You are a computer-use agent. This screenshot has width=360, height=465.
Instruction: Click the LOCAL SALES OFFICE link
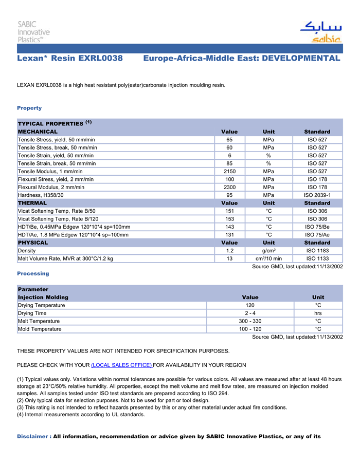point(121,365)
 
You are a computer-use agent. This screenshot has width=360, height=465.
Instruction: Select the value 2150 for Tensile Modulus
point(229,172)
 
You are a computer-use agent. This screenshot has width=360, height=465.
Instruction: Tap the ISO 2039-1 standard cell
point(317,195)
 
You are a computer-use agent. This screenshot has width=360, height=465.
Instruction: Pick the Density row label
point(27,251)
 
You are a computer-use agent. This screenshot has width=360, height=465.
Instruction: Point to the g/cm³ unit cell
point(268,251)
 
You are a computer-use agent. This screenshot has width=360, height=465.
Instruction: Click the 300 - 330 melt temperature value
point(250,321)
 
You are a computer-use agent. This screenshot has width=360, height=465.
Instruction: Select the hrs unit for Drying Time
point(318,313)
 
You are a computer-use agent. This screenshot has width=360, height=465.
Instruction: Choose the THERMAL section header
point(32,203)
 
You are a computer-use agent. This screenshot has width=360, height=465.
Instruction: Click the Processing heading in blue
point(33,273)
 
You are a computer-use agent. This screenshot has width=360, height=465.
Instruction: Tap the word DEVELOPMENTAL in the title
point(301,59)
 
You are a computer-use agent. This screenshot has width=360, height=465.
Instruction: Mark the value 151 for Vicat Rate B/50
point(229,211)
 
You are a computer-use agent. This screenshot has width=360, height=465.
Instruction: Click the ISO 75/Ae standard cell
point(317,235)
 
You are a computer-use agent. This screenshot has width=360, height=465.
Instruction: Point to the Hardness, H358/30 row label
point(41,195)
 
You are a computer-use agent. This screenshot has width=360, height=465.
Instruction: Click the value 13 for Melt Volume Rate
point(229,258)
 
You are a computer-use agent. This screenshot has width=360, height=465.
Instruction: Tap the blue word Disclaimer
point(32,437)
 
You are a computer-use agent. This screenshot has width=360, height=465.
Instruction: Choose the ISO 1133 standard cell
point(317,258)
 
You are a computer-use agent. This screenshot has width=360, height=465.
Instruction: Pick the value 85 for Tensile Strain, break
point(229,163)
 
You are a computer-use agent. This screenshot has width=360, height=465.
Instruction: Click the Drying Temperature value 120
point(250,305)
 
